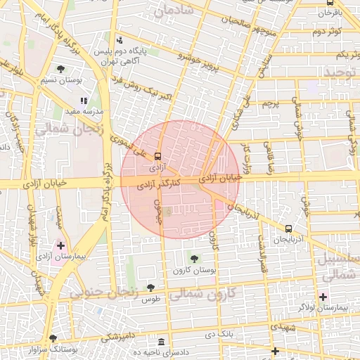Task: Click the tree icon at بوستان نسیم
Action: pos(61,68)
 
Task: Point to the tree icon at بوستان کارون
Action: pos(194,259)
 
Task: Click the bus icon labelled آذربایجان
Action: pos(288,229)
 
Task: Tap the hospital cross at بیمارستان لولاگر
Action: pos(323,297)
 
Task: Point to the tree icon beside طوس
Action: pos(150,287)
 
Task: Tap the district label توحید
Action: pos(337,72)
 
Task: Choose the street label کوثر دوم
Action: pos(327,32)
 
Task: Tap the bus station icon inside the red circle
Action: pos(157,156)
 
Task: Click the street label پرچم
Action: pos(271,103)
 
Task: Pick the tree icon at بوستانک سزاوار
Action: pos(53,337)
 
